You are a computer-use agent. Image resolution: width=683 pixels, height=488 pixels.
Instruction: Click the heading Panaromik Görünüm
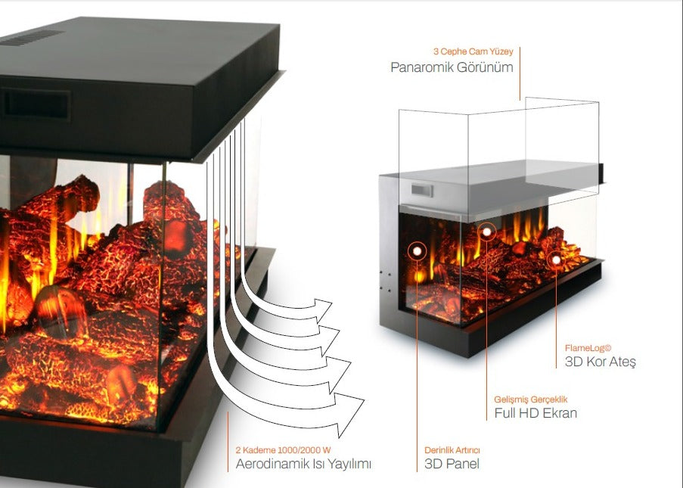pos(452,67)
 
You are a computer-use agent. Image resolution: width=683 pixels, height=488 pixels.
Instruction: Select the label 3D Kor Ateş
pos(600,362)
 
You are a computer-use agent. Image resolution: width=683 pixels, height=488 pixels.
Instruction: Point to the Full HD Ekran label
pos(535,413)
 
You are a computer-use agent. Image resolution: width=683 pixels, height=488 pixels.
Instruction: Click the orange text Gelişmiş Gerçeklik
pos(530,399)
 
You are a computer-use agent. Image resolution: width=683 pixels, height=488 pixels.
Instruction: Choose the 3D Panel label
pos(452,464)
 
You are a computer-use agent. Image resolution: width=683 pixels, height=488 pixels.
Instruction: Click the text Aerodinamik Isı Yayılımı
pos(303,464)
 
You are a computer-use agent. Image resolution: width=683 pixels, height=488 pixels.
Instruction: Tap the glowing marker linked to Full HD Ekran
pos(486,232)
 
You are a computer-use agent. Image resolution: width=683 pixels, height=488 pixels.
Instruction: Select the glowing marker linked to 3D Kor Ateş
pos(556,260)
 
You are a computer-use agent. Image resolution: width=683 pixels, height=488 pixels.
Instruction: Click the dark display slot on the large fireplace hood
pos(37,103)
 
